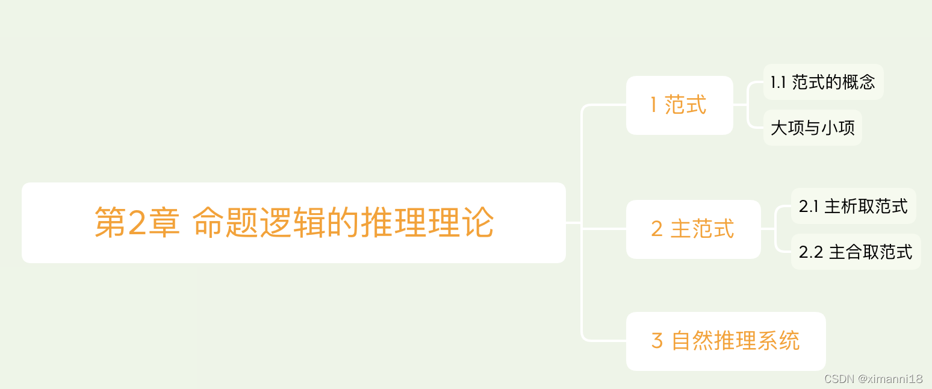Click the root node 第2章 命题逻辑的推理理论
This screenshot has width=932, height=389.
294,223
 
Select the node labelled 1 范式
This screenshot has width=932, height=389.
679,105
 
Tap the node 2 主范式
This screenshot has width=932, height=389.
693,229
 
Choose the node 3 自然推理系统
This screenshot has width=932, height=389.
725,341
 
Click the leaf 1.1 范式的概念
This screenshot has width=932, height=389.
823,82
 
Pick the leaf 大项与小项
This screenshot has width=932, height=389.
812,128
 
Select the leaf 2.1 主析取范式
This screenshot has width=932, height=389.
853,206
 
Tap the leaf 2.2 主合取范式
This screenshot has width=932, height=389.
856,252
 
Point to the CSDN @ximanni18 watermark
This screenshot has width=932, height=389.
873,379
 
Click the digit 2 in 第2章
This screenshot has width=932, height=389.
138,223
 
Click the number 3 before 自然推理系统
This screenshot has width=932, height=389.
657,341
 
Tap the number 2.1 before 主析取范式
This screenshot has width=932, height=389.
808,207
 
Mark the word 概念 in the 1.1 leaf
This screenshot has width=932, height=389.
859,82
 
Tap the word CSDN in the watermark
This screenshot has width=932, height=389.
839,379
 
